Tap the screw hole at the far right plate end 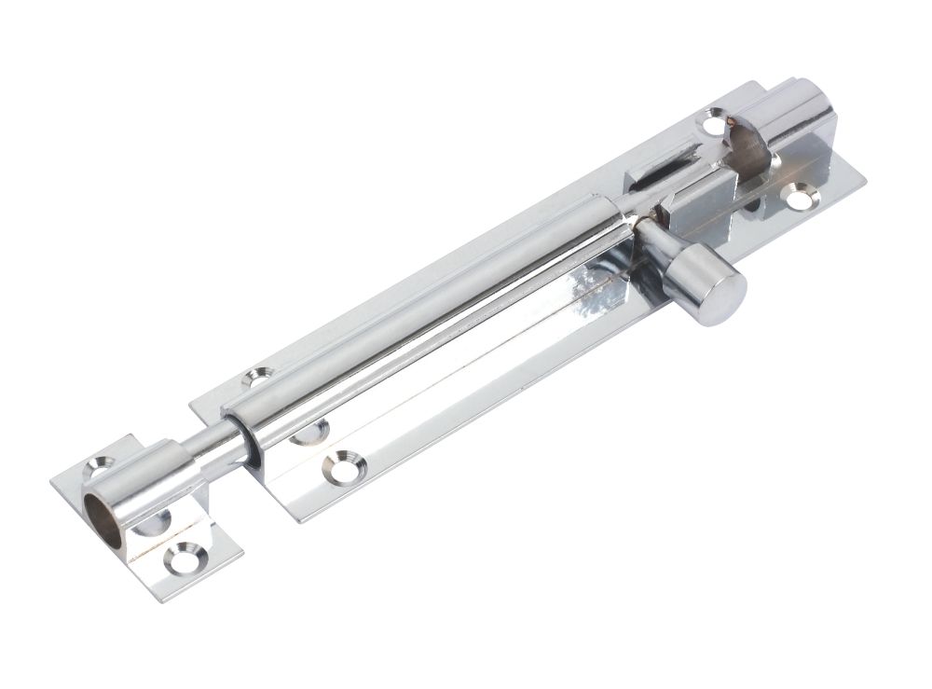pyautogui.click(x=799, y=197)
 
